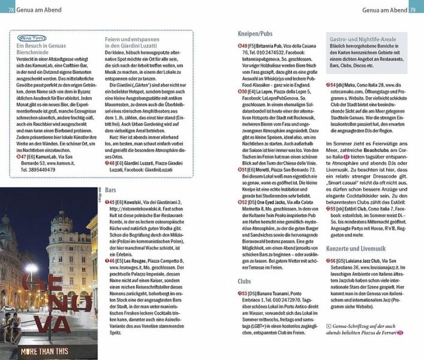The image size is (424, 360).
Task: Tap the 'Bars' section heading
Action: (x=110, y=190)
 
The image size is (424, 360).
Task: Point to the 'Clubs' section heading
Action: (x=244, y=280)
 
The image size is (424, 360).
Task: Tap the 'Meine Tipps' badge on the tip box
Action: (x=26, y=37)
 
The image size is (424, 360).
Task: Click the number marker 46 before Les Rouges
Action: (x=112, y=262)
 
